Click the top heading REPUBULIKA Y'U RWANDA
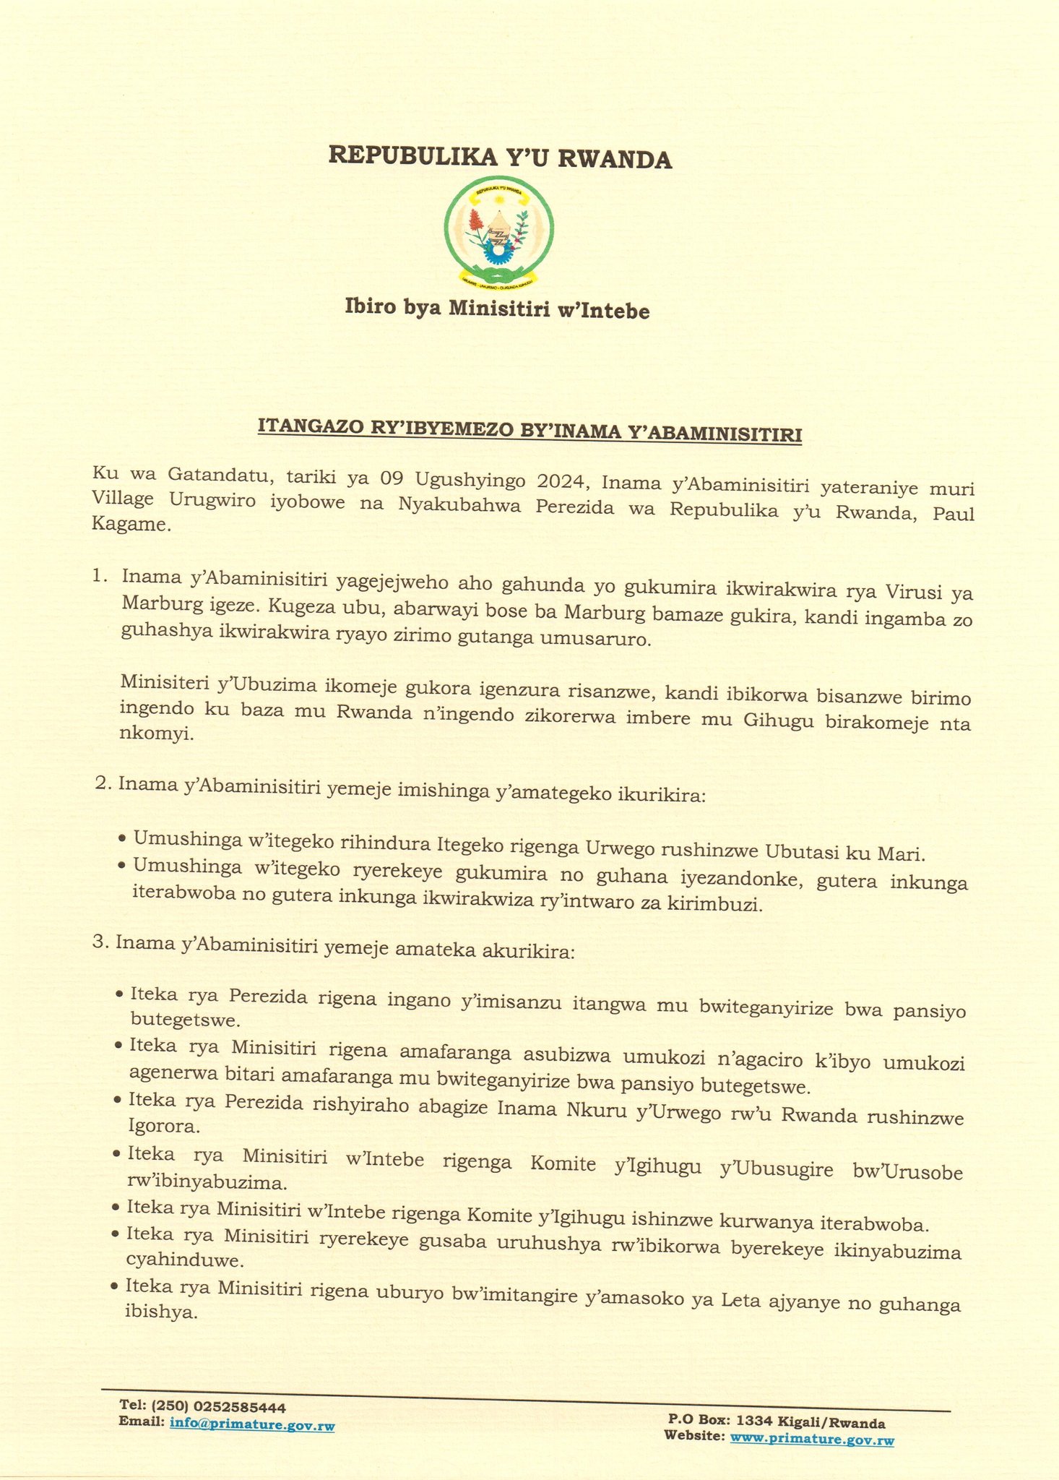coord(500,157)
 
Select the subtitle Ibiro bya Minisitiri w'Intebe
coord(498,310)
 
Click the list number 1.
coord(100,577)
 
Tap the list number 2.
coord(103,783)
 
